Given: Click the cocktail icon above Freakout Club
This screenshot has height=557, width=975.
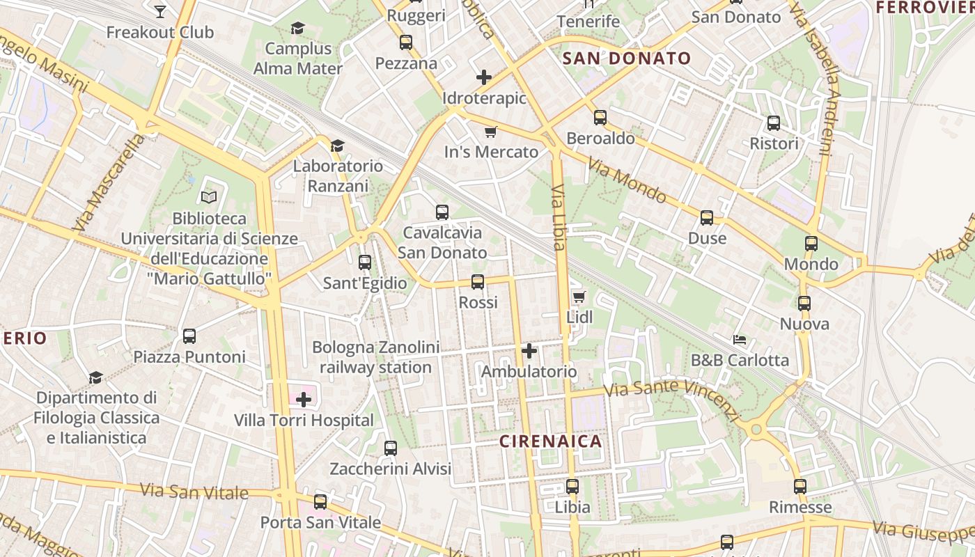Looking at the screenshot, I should tap(160, 11).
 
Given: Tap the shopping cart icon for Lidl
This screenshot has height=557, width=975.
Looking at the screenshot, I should tap(579, 297).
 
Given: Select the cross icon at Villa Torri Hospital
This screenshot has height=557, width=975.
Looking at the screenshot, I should tap(304, 400).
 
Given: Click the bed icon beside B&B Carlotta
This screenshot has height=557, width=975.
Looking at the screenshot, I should tap(740, 340).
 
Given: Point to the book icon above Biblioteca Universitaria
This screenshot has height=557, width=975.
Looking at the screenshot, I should tap(209, 198).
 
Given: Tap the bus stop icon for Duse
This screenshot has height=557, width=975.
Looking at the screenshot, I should tap(707, 218).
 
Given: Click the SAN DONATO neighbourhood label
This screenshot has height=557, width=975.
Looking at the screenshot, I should tap(626, 58).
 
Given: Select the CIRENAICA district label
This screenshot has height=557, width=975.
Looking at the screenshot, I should tap(550, 441).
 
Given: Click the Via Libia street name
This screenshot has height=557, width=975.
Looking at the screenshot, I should tap(559, 217).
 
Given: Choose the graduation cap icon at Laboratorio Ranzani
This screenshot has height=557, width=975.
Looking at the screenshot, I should tap(338, 146).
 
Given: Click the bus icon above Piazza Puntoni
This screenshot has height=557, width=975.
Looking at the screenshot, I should tap(189, 336).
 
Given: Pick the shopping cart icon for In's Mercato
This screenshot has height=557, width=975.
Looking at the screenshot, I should tap(491, 132).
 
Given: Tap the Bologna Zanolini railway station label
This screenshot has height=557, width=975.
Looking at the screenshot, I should tap(375, 357).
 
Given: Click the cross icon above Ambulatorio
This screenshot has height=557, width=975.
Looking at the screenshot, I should tap(529, 351).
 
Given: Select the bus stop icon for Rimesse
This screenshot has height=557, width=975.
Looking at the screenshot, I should tap(800, 487).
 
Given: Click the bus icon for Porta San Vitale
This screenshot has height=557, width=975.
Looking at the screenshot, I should tap(320, 501).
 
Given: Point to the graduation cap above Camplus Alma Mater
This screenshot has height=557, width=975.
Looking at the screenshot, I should tap(297, 29).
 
